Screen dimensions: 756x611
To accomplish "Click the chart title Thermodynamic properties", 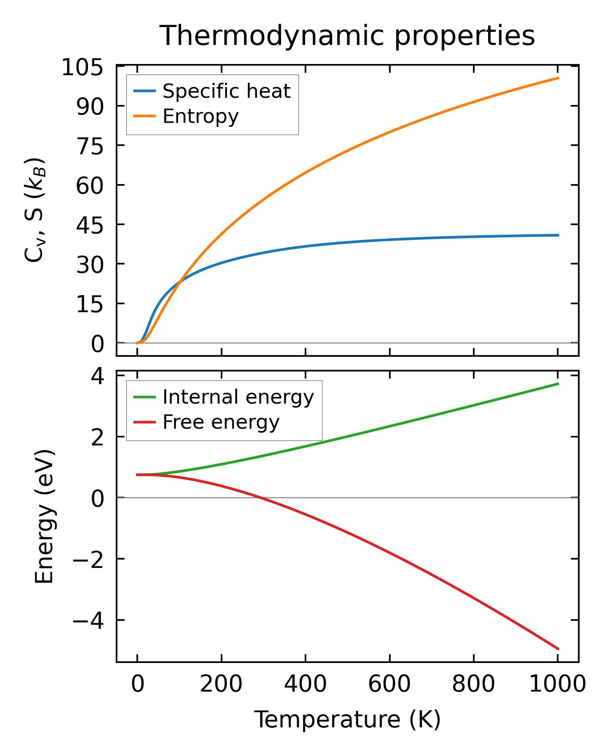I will (347, 36).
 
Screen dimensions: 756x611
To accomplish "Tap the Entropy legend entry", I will (200, 117).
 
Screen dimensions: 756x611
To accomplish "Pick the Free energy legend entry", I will (221, 422).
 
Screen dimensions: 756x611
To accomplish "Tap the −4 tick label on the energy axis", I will (88, 621).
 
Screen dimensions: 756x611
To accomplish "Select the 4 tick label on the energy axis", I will (97, 376).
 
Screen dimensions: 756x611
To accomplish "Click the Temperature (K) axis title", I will (347, 720).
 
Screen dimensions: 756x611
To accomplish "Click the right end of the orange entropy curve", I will (558, 78).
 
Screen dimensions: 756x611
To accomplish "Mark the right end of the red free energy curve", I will (558, 649).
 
